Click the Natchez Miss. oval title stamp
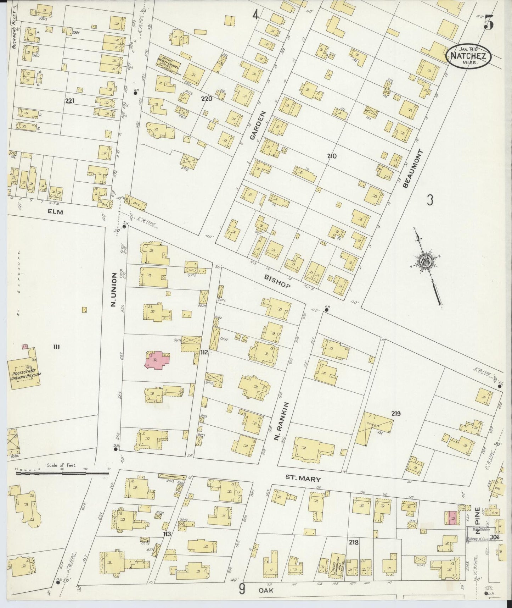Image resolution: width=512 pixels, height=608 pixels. (468, 56)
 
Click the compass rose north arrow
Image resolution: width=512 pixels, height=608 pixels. (425, 261)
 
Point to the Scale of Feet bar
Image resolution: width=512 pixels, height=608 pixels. (62, 472)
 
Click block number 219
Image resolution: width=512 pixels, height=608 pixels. (396, 413)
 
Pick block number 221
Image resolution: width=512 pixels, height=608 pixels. (70, 101)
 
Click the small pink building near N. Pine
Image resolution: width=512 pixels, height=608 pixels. (452, 518)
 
